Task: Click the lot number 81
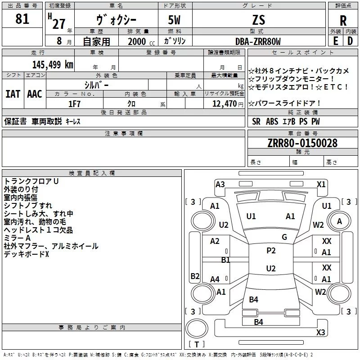point(22,19)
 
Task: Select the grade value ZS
point(259,20)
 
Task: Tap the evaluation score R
point(343,21)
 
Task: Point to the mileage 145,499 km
point(53,64)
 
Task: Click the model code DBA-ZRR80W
point(258,42)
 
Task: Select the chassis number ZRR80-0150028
point(302,143)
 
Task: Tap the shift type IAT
point(13,94)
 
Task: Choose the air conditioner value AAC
point(34,94)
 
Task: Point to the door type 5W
point(175,20)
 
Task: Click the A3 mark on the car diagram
point(220,184)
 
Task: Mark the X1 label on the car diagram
point(321,184)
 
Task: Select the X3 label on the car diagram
point(320,332)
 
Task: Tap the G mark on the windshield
point(284,237)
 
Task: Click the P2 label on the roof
point(271,251)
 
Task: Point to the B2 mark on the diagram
point(195,276)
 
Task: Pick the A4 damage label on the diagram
point(215,279)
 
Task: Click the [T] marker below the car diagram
point(196,345)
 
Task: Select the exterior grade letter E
point(335,41)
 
